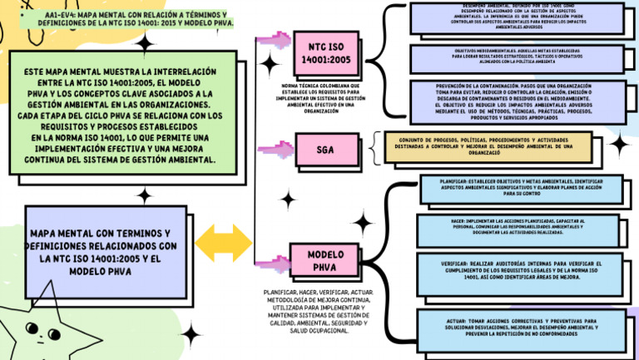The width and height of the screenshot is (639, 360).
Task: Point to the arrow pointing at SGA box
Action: tap(275, 150)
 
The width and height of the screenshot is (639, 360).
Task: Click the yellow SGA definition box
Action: tap(488, 146)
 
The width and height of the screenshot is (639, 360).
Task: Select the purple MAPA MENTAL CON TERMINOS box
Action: tap(100, 252)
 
